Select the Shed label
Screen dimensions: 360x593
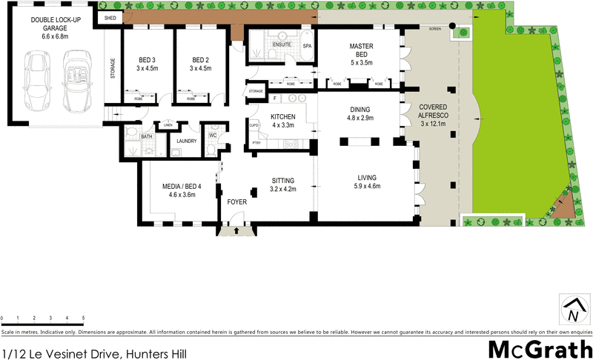[110, 16]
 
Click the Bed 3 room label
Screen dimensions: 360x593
[147, 64]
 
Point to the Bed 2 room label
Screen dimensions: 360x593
[201, 64]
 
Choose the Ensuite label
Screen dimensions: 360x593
[282, 46]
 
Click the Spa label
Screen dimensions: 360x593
[307, 46]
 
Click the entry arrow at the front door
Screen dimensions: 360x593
[236, 230]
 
